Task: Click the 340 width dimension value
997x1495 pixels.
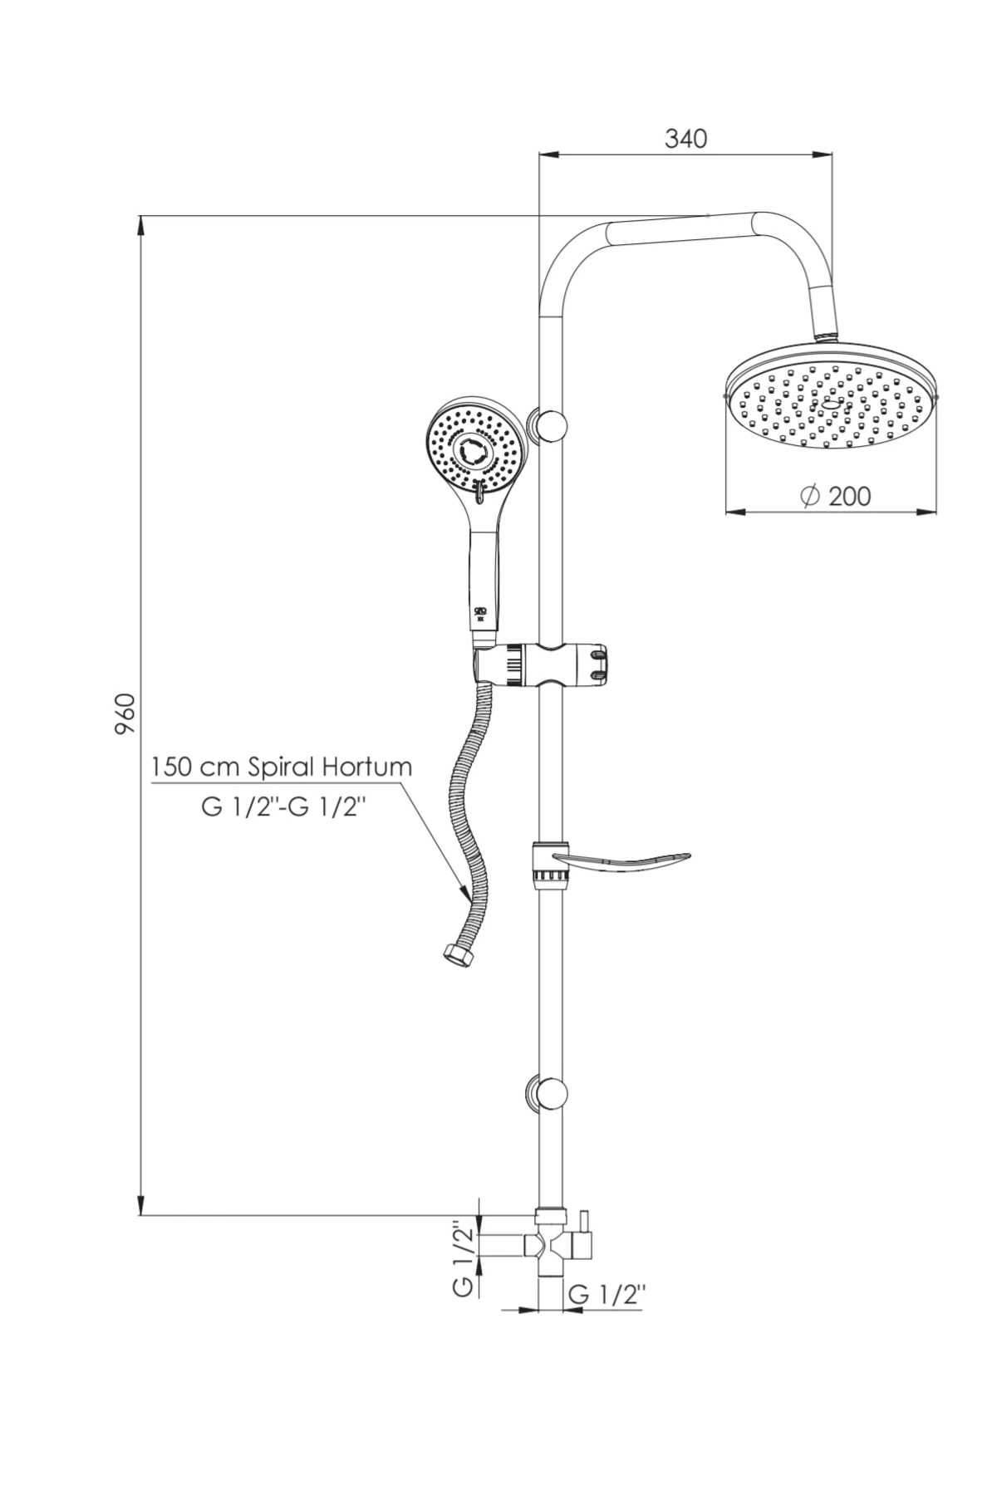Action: coord(685,139)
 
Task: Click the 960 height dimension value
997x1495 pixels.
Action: coord(125,713)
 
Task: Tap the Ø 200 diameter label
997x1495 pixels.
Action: coord(835,496)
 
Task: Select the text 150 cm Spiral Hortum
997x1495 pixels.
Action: coord(282,767)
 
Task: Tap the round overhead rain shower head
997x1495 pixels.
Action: coord(832,399)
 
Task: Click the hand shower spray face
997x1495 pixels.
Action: coord(478,453)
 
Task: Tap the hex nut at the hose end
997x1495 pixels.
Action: coord(455,955)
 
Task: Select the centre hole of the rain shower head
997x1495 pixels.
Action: coord(832,405)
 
